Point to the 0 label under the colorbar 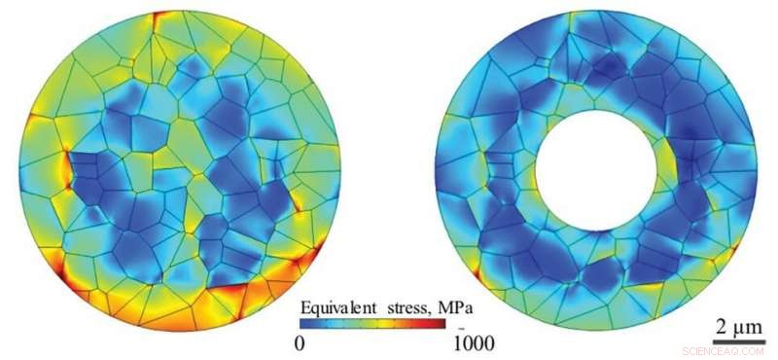tap(301, 342)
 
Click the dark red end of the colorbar tap(463, 326)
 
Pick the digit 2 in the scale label tap(721, 324)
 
